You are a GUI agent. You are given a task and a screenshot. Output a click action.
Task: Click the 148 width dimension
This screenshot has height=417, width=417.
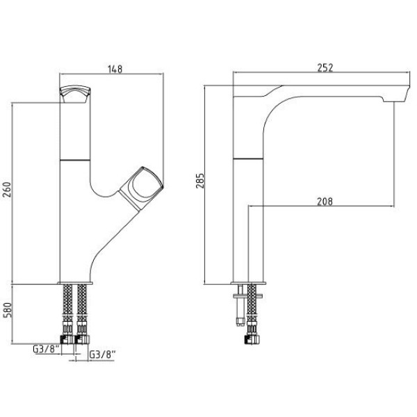coord(115,69)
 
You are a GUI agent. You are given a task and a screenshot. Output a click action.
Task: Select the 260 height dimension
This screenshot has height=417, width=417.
coord(7,189)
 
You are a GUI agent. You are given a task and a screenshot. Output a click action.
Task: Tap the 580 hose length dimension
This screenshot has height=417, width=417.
coord(7,310)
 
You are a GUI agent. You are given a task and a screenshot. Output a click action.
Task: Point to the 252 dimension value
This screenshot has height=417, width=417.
coord(325,67)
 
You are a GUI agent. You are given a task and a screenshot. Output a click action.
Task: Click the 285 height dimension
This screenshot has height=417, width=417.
coord(200,181)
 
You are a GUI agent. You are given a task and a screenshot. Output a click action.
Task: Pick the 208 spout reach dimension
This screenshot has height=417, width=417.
coord(325,202)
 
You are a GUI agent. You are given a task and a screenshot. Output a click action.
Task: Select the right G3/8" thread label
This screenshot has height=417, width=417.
coord(103,354)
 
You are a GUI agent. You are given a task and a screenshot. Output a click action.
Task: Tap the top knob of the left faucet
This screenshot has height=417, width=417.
coord(75,94)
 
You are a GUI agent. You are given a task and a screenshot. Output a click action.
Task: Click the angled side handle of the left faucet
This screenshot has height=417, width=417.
coord(141,188)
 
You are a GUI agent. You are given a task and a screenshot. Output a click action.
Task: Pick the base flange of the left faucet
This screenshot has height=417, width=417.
coord(75,284)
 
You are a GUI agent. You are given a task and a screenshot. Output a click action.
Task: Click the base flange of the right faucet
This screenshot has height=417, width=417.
coord(248,284)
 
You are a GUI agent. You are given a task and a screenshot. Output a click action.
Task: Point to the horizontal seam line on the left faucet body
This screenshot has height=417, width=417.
coord(75,160)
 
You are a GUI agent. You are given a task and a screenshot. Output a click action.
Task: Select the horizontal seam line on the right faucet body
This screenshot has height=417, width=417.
coord(248,159)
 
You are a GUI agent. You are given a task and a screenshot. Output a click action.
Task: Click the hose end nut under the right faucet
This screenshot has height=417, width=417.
coord(252,339)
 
